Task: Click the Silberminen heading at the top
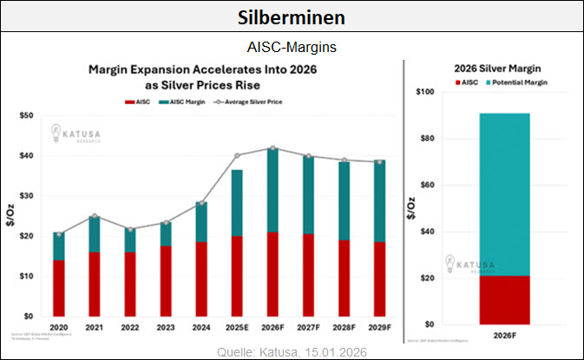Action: click(292, 17)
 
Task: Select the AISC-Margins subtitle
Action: click(292, 46)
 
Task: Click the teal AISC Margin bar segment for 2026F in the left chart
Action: click(272, 190)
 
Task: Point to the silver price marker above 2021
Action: click(94, 216)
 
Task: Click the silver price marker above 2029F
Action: click(379, 161)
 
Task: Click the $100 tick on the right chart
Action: click(426, 92)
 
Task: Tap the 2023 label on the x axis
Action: click(165, 328)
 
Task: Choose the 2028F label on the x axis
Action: click(344, 328)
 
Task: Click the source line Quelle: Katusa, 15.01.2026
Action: click(292, 351)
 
